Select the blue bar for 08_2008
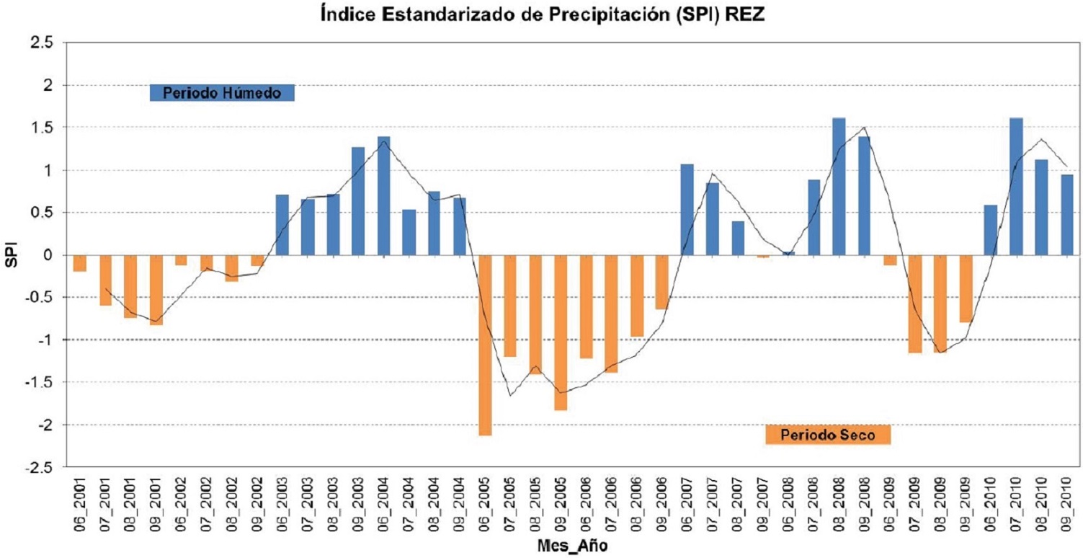[x=839, y=186]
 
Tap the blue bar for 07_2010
[x=1016, y=186]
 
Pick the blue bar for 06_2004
[x=384, y=195]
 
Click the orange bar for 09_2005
[x=561, y=332]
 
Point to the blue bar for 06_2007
[x=687, y=209]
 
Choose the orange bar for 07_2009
[x=915, y=304]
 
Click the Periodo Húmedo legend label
[x=221, y=93]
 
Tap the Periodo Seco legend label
[x=828, y=435]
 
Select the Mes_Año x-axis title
[x=572, y=546]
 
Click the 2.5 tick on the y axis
[x=43, y=43]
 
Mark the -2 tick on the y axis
[x=45, y=425]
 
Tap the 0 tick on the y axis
[x=49, y=255]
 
